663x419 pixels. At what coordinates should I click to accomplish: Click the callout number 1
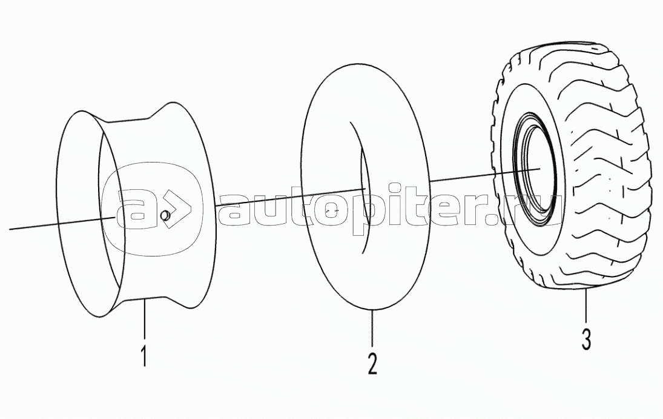coord(143,355)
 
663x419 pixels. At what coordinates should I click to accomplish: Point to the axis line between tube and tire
coord(463,177)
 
